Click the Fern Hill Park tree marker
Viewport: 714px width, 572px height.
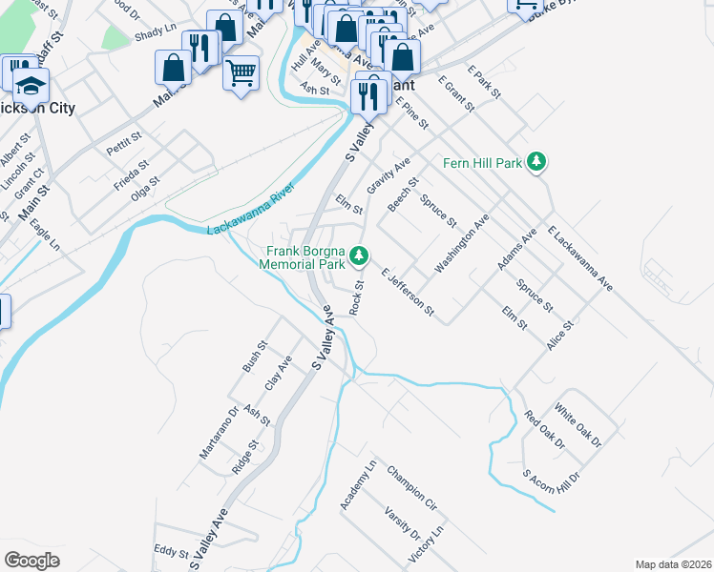pyautogui.click(x=537, y=162)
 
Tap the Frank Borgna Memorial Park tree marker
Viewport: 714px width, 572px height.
pyautogui.click(x=359, y=255)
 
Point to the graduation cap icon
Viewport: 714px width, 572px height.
pyautogui.click(x=31, y=86)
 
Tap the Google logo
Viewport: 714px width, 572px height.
pyautogui.click(x=32, y=560)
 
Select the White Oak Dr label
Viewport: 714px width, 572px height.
pyautogui.click(x=578, y=428)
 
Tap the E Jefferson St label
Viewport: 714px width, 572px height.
pyautogui.click(x=408, y=292)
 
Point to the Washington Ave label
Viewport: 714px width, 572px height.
pyautogui.click(x=462, y=244)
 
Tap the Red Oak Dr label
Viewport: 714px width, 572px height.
pyautogui.click(x=545, y=431)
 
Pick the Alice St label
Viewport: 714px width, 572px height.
pyautogui.click(x=560, y=337)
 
